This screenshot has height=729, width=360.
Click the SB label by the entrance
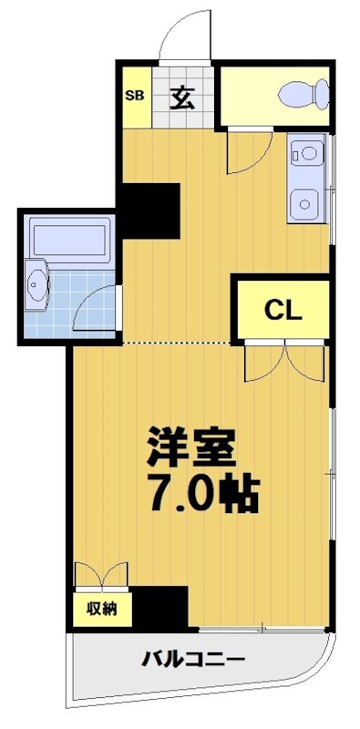point(134,95)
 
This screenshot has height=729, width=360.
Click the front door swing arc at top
point(178,37)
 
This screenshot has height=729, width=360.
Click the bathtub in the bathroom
point(69,238)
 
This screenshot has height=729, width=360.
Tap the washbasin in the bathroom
point(37,286)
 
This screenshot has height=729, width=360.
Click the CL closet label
point(283,310)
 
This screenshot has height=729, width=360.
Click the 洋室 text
point(192,446)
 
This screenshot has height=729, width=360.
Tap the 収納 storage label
point(102,609)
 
